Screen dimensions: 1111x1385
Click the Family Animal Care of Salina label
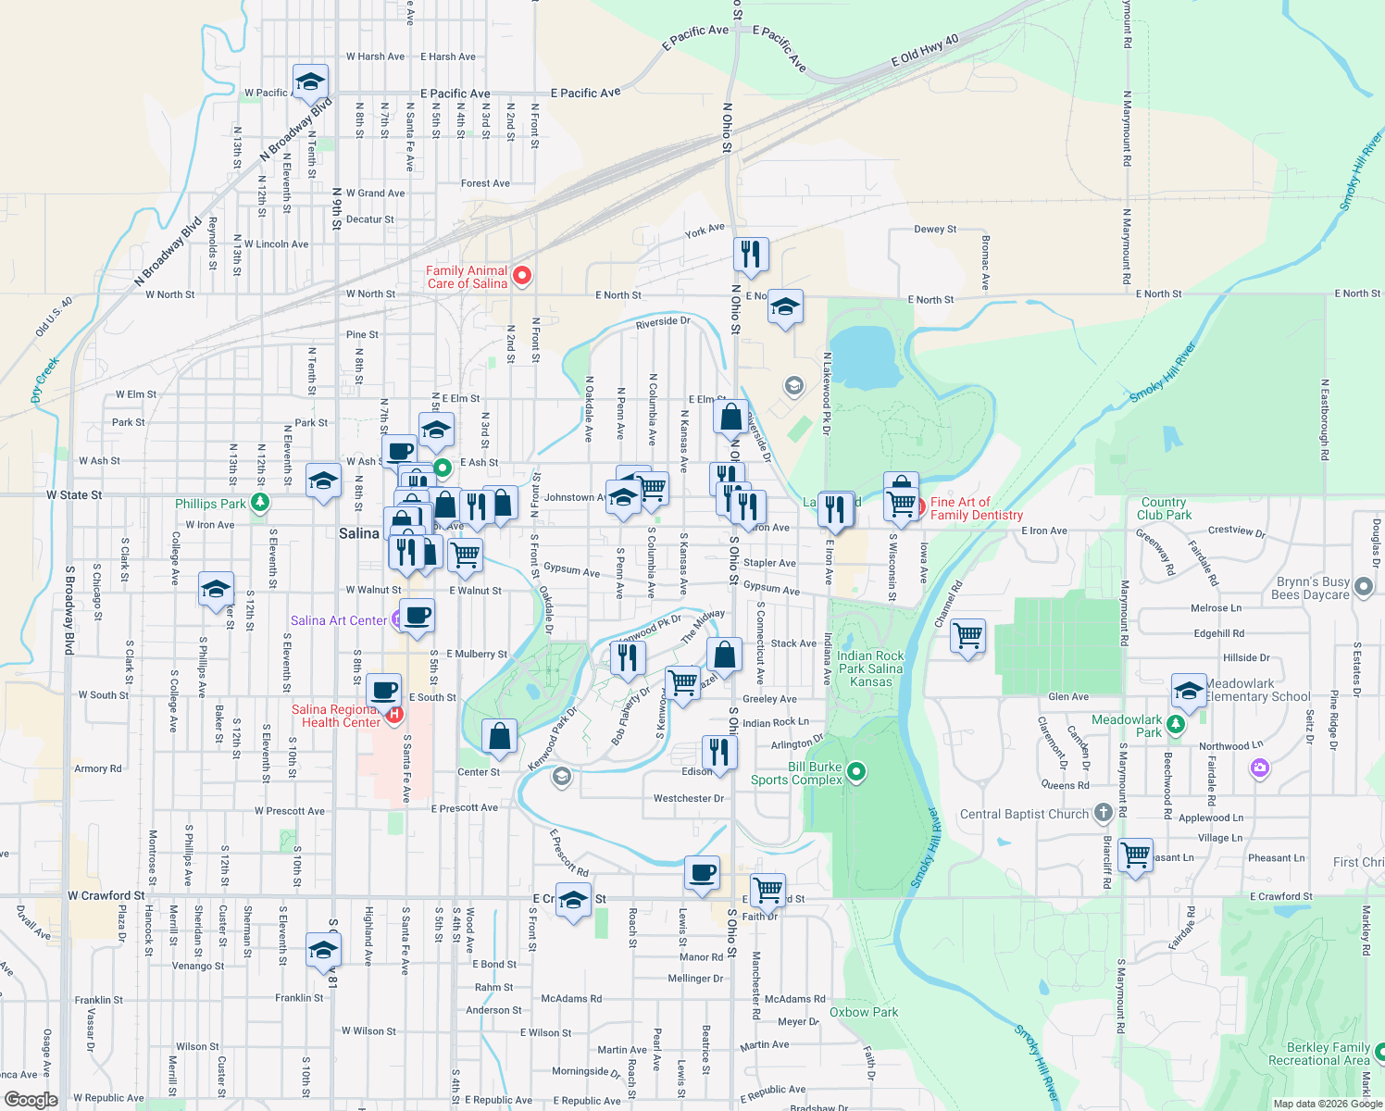coord(467,277)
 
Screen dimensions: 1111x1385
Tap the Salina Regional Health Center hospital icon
coord(395,714)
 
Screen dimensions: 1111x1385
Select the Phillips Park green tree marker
coord(260,503)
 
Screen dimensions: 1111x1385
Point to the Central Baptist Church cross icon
coord(1103,814)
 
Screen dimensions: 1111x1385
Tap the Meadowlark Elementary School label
coord(1258,691)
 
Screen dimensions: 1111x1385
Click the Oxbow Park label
coord(863,1012)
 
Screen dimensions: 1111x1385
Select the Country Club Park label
coord(1164,508)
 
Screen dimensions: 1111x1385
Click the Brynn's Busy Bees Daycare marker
coord(1363,586)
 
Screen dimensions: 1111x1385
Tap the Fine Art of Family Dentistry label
coord(976,508)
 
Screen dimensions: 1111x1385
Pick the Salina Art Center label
coord(339,620)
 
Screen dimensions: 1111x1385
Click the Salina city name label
coord(358,533)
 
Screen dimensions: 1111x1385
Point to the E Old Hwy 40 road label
coord(925,50)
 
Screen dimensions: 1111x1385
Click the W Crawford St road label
coord(106,895)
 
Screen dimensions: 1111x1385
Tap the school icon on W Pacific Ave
coord(310,81)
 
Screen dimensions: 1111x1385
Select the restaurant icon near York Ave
coord(751,253)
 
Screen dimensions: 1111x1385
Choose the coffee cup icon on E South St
coord(383,690)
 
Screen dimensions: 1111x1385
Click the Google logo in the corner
coord(31,1099)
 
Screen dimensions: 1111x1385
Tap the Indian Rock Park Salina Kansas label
coord(870,668)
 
